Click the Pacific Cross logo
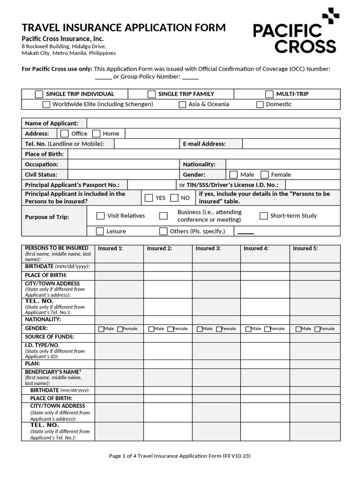[295, 32]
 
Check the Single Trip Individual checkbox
[39, 94]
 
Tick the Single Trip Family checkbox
[151, 94]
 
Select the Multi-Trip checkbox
[269, 94]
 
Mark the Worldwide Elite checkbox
[46, 105]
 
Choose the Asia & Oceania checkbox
[182, 105]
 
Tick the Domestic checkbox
[260, 105]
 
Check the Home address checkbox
[96, 134]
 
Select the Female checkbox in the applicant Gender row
[264, 175]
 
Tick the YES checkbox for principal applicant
[149, 198]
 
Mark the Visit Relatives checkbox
[100, 216]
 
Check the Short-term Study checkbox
[263, 216]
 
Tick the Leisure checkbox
[100, 231]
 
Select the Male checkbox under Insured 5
[299, 329]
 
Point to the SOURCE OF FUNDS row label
[49, 337]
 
